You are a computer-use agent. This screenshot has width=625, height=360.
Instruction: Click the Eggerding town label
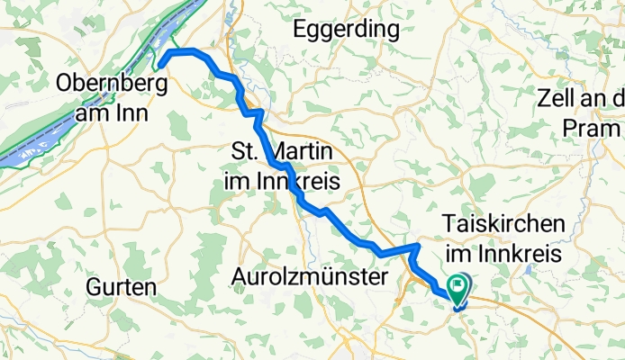point(347,30)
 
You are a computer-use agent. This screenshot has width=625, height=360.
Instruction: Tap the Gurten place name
point(122,287)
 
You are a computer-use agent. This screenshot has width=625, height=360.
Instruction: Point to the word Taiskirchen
point(504,224)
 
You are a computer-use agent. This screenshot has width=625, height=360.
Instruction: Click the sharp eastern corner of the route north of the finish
point(418,245)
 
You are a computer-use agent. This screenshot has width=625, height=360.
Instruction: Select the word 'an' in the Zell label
point(600,97)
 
